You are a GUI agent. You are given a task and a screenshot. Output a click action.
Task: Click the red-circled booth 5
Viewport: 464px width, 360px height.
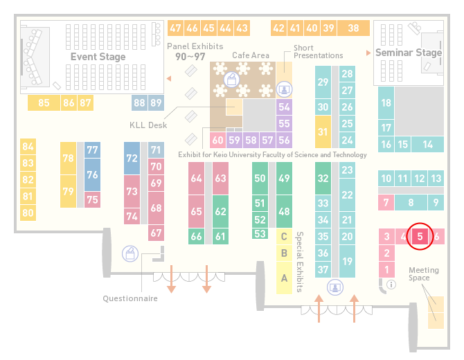pyautogui.click(x=420, y=236)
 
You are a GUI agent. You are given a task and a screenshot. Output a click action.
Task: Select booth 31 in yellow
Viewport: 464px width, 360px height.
pyautogui.click(x=323, y=132)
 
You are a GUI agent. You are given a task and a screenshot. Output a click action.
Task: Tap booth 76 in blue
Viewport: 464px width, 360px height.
pyautogui.click(x=92, y=174)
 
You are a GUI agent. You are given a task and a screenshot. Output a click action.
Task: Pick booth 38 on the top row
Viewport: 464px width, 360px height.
pyautogui.click(x=354, y=28)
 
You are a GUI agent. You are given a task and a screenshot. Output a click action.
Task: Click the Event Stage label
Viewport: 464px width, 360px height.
pyautogui.click(x=98, y=57)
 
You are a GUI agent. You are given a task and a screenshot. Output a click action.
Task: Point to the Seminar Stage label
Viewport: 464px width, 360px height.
pyautogui.click(x=409, y=53)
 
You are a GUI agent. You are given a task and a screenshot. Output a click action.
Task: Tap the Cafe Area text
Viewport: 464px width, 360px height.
pyautogui.click(x=251, y=55)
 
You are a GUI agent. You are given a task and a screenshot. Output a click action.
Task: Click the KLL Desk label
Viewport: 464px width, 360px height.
pyautogui.click(x=148, y=125)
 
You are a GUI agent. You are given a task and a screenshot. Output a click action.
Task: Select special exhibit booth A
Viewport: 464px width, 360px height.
pyautogui.click(x=284, y=278)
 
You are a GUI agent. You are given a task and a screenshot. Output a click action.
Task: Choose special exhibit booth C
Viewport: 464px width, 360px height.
pyautogui.click(x=284, y=236)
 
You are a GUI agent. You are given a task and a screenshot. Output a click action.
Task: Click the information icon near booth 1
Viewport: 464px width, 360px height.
pyautogui.click(x=391, y=285)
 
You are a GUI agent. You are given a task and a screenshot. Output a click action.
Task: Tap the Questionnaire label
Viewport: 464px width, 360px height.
pyautogui.click(x=130, y=298)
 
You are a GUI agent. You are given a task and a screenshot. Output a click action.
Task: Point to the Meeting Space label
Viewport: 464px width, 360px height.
pyautogui.click(x=423, y=274)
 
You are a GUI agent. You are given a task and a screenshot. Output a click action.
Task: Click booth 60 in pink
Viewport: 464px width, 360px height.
pyautogui.click(x=217, y=140)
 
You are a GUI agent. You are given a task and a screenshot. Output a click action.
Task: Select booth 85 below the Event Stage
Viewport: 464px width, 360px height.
pyautogui.click(x=44, y=102)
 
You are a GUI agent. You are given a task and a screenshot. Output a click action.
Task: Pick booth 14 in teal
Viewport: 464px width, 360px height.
pyautogui.click(x=427, y=145)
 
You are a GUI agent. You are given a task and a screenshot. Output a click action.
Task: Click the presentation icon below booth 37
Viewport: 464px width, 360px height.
pyautogui.click(x=335, y=287)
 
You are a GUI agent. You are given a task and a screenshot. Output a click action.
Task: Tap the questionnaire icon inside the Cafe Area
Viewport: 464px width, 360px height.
pyautogui.click(x=231, y=80)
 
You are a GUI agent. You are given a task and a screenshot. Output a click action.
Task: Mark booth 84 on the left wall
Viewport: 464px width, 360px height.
pyautogui.click(x=28, y=147)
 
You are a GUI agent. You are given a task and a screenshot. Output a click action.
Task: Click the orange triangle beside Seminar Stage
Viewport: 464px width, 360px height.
pyautogui.click(x=368, y=53)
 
